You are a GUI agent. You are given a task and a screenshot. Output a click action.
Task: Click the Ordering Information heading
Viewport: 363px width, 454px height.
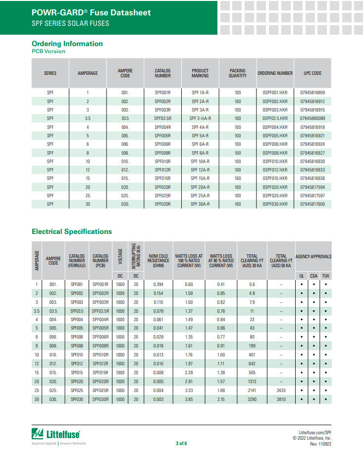point(67,44)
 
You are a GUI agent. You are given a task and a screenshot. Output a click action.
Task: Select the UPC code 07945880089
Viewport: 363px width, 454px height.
point(312,118)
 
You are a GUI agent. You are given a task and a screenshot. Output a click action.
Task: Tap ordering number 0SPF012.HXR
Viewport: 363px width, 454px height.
point(275,170)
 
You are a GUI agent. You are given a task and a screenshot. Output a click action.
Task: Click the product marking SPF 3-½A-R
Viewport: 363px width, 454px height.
point(200,118)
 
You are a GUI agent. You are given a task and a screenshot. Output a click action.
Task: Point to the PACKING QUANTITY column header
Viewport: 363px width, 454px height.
point(238,73)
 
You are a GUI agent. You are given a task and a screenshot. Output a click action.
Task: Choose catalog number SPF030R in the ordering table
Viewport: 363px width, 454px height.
point(162,204)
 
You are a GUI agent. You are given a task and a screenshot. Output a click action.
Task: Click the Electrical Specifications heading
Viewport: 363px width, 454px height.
point(72,231)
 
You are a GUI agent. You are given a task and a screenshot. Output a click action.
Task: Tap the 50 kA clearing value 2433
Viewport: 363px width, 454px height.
point(281,391)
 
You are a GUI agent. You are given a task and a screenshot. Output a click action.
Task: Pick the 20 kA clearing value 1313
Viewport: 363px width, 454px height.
point(252,382)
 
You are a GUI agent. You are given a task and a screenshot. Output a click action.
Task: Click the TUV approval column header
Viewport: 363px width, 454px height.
point(325,276)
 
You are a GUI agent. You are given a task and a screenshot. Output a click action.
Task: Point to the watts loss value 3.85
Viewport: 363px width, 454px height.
point(189,399)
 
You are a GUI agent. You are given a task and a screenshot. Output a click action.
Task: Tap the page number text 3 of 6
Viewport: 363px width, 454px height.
point(181,443)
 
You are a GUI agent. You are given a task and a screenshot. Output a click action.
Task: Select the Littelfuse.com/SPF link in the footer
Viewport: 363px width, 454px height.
point(315,432)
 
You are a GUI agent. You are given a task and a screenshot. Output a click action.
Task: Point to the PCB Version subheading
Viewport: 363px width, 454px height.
point(49,52)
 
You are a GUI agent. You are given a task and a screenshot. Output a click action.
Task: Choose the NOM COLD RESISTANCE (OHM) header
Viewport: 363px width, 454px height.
point(159,261)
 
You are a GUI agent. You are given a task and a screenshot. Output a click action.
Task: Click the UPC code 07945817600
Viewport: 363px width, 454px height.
point(312,204)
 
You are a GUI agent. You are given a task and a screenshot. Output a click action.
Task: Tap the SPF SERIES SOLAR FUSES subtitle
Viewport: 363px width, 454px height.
point(70,23)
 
